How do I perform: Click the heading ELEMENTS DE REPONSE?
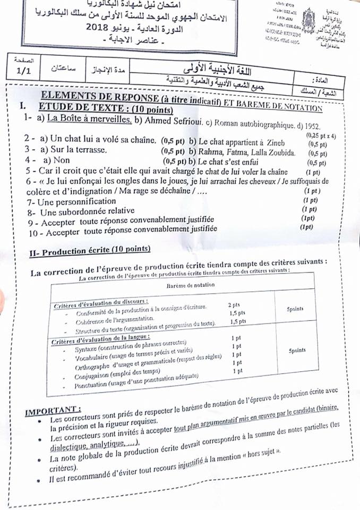[117, 97]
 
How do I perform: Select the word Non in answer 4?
[62, 160]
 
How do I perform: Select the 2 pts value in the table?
[234, 304]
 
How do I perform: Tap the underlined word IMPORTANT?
[53, 410]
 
